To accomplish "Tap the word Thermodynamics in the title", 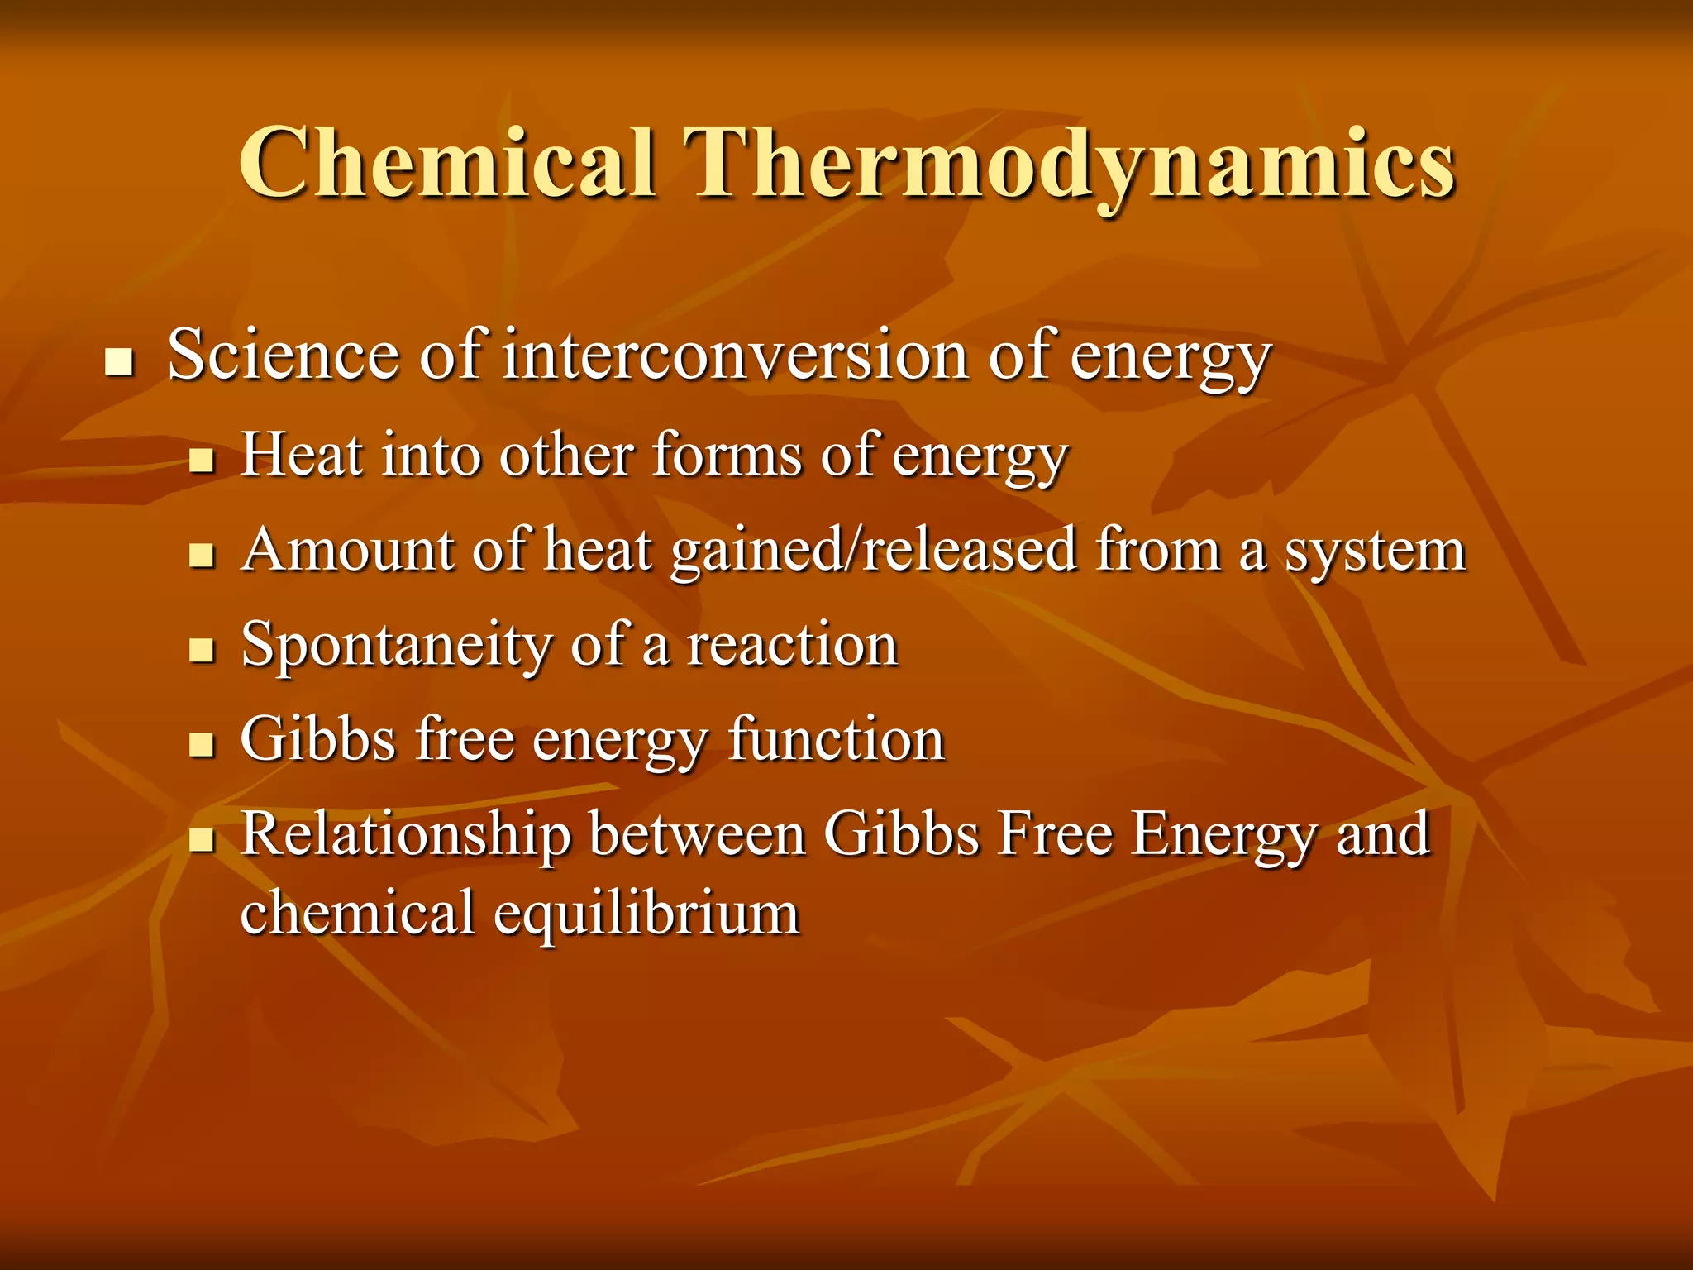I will [x=1073, y=163].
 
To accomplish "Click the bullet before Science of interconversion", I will [x=120, y=362].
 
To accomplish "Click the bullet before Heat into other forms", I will [x=201, y=460].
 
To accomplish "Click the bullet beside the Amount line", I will [x=201, y=555].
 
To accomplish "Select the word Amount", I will [x=347, y=550].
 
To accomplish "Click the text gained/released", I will [x=874, y=551].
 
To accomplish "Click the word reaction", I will [x=792, y=646].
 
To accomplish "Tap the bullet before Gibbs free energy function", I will [x=201, y=745].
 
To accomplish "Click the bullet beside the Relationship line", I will [x=201, y=840].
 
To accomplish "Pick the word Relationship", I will [x=406, y=835].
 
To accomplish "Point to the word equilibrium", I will [x=646, y=914].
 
